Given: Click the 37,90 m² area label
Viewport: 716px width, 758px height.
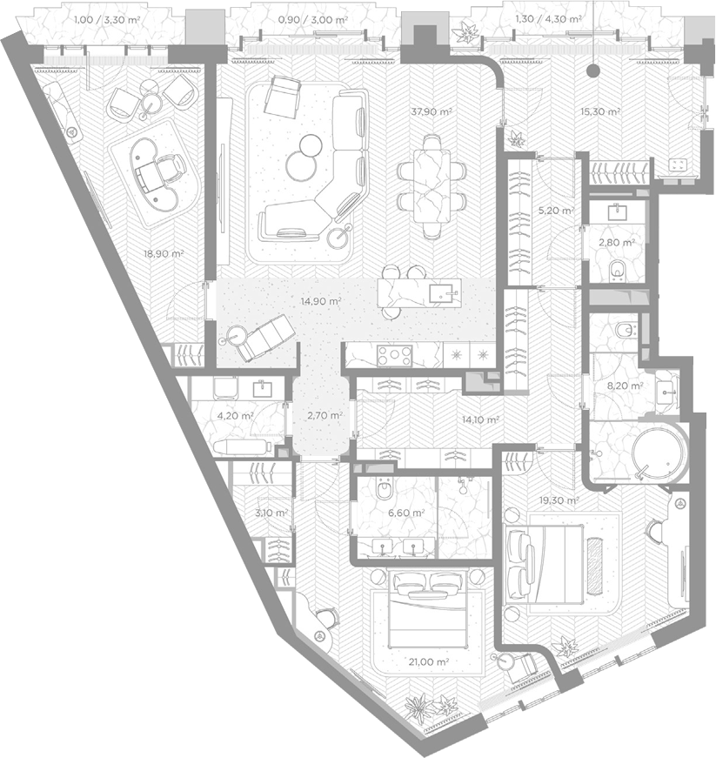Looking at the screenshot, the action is (x=432, y=111).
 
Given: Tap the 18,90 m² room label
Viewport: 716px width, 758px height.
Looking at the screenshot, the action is (x=164, y=253).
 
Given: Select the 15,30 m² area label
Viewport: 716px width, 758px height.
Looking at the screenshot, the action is (x=600, y=111).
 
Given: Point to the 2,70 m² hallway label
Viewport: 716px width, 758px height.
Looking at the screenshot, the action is (x=325, y=415).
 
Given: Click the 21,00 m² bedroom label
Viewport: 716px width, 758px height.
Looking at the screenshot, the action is (x=429, y=661).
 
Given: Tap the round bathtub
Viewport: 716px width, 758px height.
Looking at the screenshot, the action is (x=659, y=455).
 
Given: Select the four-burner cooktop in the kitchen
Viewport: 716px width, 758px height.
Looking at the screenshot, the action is (x=395, y=356).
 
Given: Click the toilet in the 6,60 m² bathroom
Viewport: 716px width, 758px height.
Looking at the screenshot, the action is (x=385, y=489).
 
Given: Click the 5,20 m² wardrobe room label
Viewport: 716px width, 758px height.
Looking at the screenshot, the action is (x=556, y=211).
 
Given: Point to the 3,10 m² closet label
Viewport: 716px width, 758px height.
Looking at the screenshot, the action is (x=271, y=513).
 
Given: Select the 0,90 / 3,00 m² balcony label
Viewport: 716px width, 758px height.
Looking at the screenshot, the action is (x=313, y=19).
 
